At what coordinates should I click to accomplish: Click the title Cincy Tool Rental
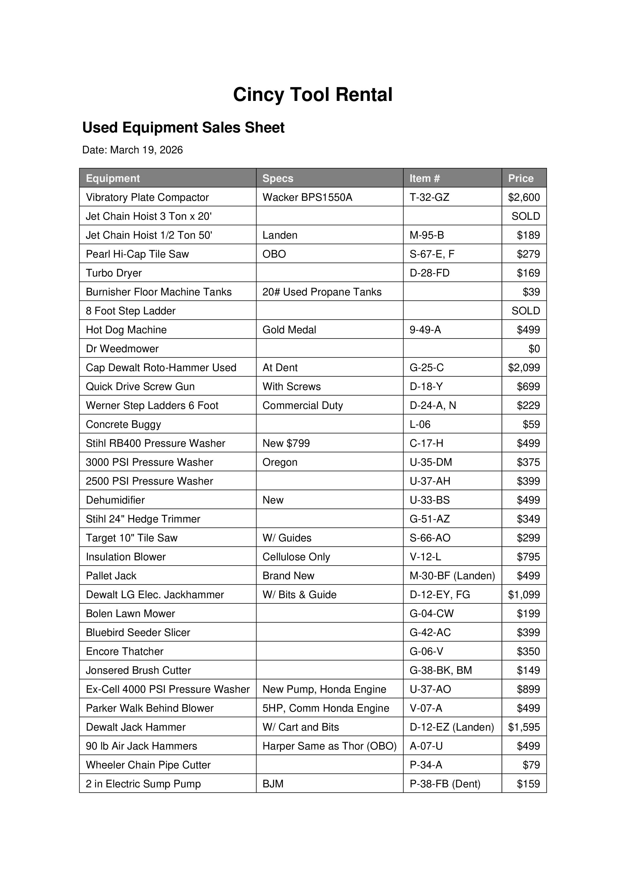click(312, 94)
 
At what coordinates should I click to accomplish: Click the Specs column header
click(278, 178)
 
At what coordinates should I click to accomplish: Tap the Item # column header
click(425, 178)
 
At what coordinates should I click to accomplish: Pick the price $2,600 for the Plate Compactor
click(524, 197)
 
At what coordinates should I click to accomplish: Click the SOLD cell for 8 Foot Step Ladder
click(525, 311)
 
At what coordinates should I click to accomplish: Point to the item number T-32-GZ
click(429, 197)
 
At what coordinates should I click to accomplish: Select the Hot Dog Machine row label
click(126, 329)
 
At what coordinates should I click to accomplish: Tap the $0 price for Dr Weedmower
click(534, 348)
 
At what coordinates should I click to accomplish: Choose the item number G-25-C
click(427, 367)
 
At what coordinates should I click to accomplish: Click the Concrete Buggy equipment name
click(123, 424)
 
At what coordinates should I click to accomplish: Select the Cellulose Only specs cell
click(296, 557)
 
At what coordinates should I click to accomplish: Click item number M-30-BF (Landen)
click(452, 575)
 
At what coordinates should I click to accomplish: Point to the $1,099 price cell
click(524, 594)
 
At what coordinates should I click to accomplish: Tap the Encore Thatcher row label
click(125, 651)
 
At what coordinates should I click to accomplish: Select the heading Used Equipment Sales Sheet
click(183, 128)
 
